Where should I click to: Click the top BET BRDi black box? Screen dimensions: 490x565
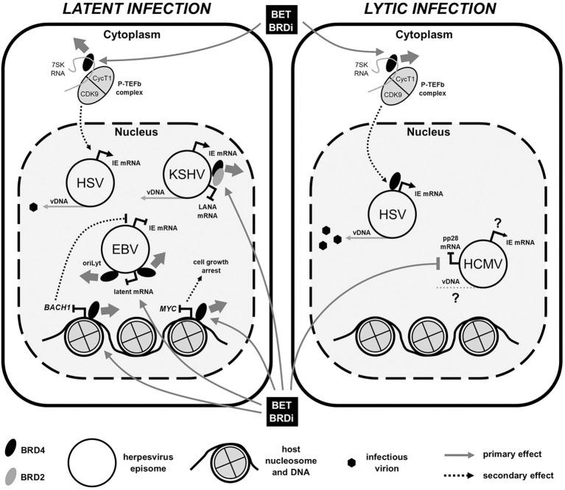pos(281,18)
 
